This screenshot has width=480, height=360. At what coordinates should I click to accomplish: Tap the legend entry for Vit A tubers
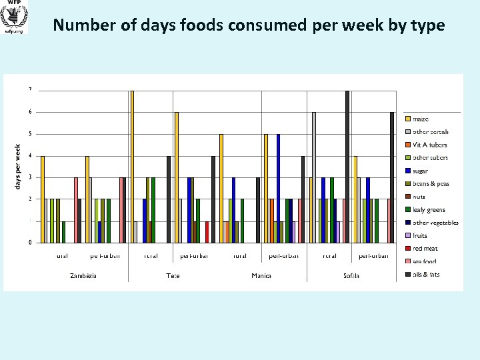tap(429, 145)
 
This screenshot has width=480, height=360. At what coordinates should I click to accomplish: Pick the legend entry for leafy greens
tap(429, 209)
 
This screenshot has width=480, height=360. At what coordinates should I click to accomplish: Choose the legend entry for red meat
tap(425, 248)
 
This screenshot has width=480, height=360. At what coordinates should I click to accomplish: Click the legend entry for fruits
tap(421, 235)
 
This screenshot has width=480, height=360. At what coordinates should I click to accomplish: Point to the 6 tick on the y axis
tap(29, 112)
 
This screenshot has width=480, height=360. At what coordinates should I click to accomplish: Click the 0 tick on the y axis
tap(29, 243)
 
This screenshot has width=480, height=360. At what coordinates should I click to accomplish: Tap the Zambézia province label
tap(84, 275)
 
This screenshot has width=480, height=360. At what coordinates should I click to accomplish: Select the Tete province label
tap(173, 275)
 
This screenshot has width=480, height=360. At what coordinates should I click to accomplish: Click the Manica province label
tap(261, 275)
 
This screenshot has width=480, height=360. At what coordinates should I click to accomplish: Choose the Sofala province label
tap(351, 275)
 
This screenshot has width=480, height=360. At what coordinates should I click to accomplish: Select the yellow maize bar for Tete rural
tap(132, 167)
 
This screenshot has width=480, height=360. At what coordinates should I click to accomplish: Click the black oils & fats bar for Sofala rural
tap(347, 167)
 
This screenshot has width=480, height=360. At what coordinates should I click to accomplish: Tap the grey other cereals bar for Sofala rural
tap(314, 177)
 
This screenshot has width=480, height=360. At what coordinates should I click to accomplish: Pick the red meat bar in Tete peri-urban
tap(207, 232)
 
